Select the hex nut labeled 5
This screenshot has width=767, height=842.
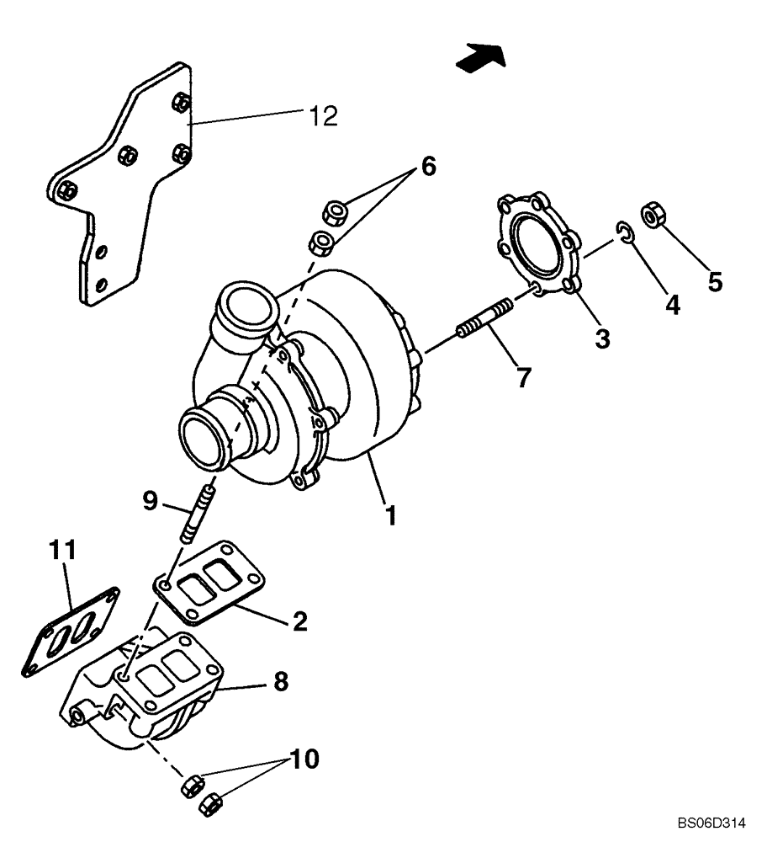[652, 215]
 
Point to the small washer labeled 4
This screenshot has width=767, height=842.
[622, 233]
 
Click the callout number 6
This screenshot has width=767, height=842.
[428, 166]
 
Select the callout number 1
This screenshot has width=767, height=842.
[389, 514]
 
